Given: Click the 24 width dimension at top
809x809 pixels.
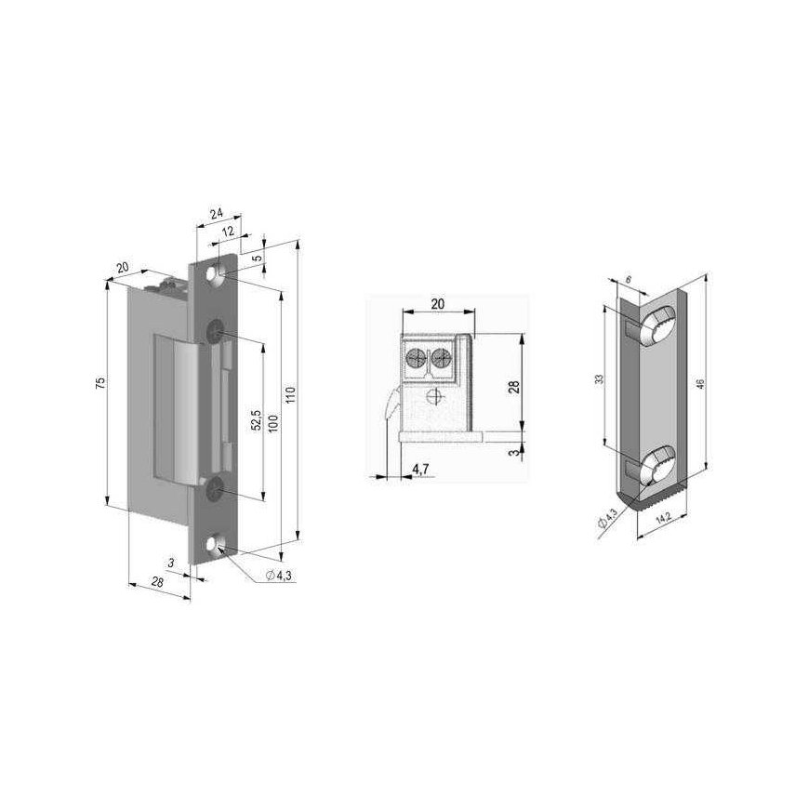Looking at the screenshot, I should [x=217, y=214].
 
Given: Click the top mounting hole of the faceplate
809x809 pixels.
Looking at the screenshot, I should [x=219, y=278].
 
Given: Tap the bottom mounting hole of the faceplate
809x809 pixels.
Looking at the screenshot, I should [x=220, y=546].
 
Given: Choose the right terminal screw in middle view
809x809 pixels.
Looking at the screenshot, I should [x=440, y=355].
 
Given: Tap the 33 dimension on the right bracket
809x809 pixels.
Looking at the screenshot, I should [x=600, y=379].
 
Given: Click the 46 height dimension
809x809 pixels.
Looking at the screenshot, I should [x=714, y=378].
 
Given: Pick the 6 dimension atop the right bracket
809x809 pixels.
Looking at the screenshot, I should [x=629, y=280].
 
